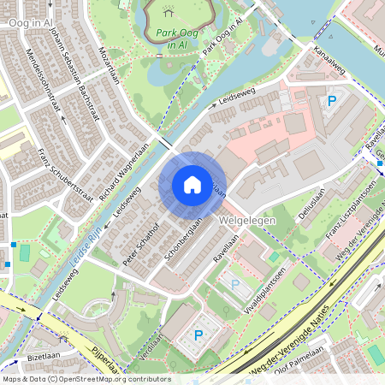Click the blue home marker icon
[192, 184]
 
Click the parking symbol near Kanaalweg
[331, 102]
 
